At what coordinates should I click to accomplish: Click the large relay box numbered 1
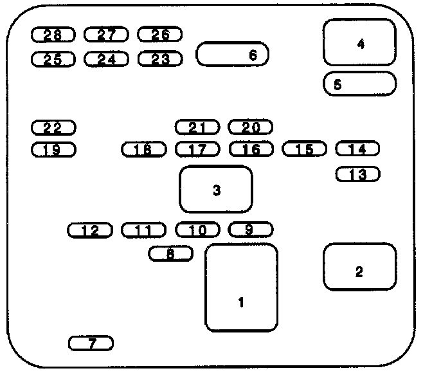[x=241, y=287]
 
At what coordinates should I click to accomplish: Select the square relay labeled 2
[x=359, y=266]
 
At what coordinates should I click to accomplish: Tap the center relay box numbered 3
[x=216, y=189]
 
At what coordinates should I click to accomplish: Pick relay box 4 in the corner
[x=359, y=42]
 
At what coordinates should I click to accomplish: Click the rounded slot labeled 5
[x=359, y=84]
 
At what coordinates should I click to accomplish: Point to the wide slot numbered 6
[x=232, y=55]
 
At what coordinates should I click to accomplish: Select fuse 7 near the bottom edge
[x=91, y=343]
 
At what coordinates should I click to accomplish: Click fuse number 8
[x=170, y=254]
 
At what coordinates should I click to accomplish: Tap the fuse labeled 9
[x=251, y=229]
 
